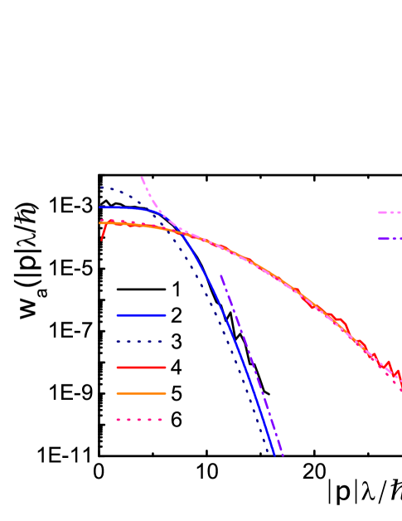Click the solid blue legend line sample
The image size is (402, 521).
click(x=141, y=315)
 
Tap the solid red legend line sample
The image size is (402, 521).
click(x=141, y=368)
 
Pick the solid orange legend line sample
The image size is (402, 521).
click(x=141, y=393)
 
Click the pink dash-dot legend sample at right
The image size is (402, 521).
click(x=390, y=212)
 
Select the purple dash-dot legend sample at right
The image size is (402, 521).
click(x=390, y=239)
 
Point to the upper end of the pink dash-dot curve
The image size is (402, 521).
click(x=142, y=177)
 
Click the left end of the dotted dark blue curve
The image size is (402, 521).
click(x=101, y=187)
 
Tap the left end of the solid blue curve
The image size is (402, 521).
click(x=100, y=207)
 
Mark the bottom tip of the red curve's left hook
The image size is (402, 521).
click(x=102, y=240)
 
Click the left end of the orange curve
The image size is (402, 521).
click(x=100, y=222)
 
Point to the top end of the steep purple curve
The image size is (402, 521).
click(x=220, y=275)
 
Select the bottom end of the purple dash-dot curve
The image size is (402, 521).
click(x=283, y=455)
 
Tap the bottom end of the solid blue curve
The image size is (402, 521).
click(x=274, y=454)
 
